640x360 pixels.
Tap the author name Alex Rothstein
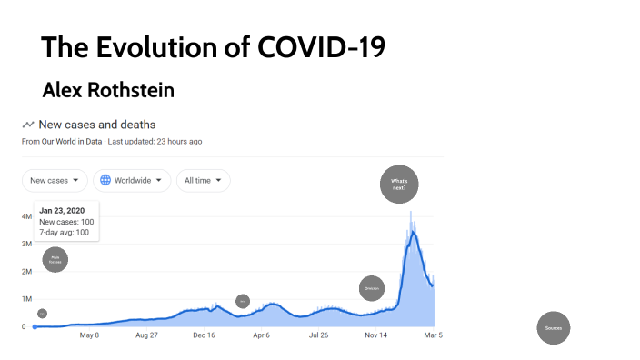(108, 90)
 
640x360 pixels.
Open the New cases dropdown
(55, 180)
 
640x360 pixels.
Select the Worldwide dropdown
(132, 180)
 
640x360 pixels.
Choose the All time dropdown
(203, 180)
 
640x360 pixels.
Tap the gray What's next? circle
(398, 185)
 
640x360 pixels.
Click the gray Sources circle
(553, 327)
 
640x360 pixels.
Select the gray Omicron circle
(371, 289)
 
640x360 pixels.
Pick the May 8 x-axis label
(89, 335)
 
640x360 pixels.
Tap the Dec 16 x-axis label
(205, 335)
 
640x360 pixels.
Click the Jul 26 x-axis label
(318, 335)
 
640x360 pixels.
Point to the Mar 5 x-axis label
(434, 335)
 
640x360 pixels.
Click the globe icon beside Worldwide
(105, 180)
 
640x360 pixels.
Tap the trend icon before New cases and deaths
(28, 125)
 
